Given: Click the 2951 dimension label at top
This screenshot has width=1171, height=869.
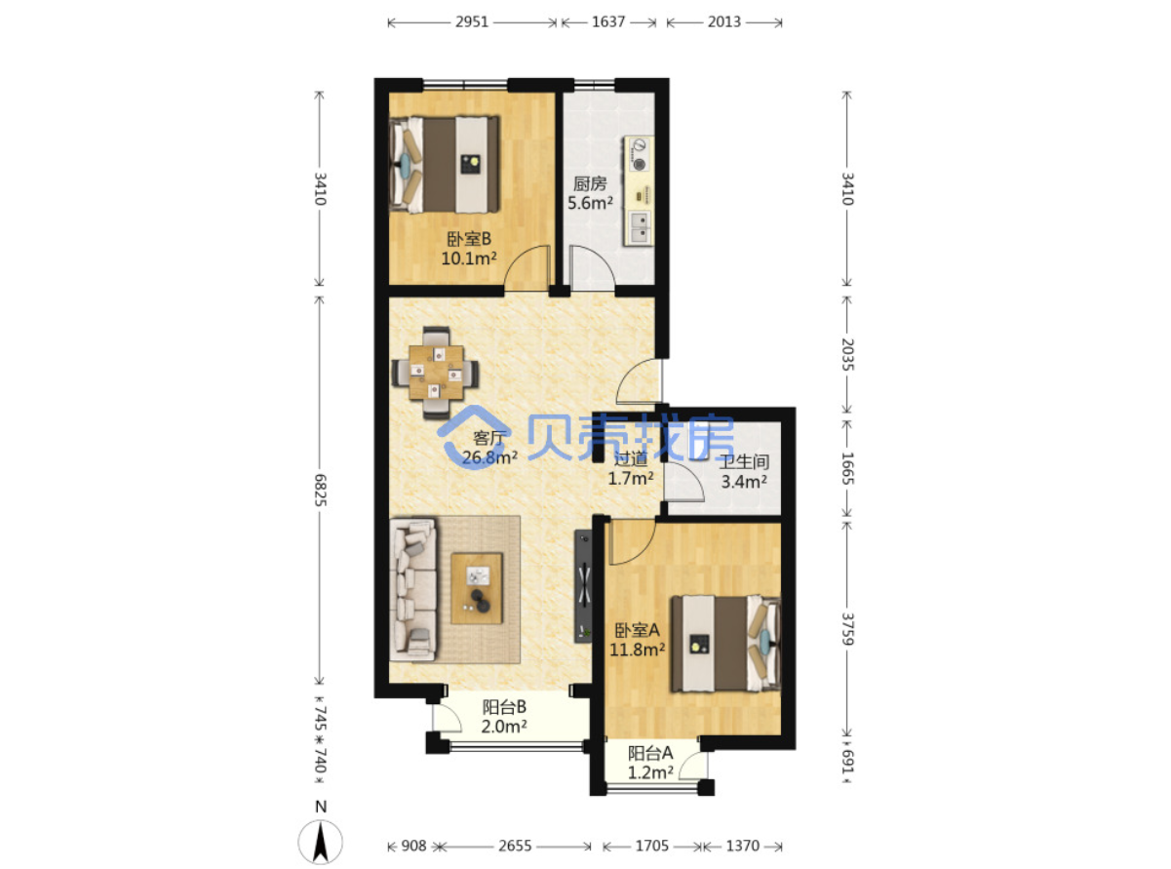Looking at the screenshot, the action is pyautogui.click(x=472, y=22).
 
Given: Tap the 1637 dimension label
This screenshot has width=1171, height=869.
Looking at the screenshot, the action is pyautogui.click(x=608, y=22).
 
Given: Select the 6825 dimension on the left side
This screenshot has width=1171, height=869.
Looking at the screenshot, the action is pyautogui.click(x=320, y=490).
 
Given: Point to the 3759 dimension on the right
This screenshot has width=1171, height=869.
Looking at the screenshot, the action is pyautogui.click(x=846, y=629).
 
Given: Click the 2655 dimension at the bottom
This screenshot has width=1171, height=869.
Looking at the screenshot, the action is pyautogui.click(x=515, y=846).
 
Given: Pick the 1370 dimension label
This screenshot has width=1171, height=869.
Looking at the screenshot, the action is pyautogui.click(x=742, y=846).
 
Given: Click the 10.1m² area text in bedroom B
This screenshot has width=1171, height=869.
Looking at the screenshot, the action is pyautogui.click(x=469, y=258).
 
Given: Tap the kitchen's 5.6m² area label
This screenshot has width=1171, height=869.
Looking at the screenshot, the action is pyautogui.click(x=590, y=203).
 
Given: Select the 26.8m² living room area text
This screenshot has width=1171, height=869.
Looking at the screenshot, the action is pyautogui.click(x=489, y=457).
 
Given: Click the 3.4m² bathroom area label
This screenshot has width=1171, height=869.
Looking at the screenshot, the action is pyautogui.click(x=744, y=482).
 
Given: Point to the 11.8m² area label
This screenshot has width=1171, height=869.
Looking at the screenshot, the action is pyautogui.click(x=638, y=650).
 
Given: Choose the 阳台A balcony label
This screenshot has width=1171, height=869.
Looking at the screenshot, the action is pyautogui.click(x=650, y=753).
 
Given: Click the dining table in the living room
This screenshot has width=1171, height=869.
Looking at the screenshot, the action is pyautogui.click(x=436, y=373).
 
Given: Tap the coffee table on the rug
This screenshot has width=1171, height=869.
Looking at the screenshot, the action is pyautogui.click(x=477, y=588).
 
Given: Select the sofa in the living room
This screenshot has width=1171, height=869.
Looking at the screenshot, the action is pyautogui.click(x=412, y=589).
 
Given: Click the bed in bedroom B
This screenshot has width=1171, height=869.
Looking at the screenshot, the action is pyautogui.click(x=444, y=165).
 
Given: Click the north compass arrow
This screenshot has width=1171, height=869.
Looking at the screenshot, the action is pyautogui.click(x=320, y=842).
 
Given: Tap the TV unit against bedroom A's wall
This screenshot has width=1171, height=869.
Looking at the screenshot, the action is pyautogui.click(x=583, y=586).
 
